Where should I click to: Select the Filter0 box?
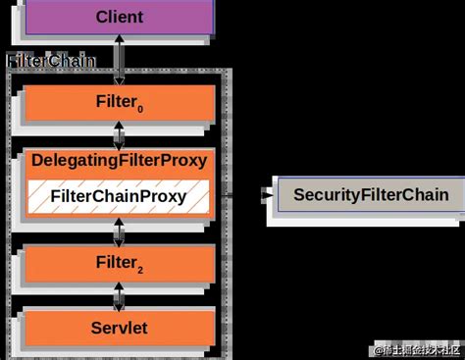coord(119,103)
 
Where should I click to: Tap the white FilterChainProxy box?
coord(119,196)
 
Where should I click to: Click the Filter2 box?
coord(119,262)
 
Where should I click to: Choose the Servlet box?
coord(119,327)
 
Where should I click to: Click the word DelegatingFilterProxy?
coord(119,160)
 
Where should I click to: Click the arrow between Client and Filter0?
coord(119,61)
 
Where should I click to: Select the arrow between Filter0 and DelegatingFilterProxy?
coord(119,133)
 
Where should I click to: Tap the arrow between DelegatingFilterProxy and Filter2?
coord(119,231)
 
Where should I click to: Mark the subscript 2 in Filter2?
coord(142,268)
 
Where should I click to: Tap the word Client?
coord(119,18)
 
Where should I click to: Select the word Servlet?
coord(119,327)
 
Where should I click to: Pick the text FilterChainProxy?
coord(119,196)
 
